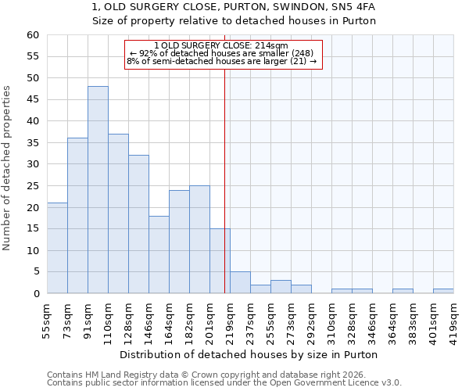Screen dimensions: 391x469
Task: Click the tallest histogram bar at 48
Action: (x=98, y=190)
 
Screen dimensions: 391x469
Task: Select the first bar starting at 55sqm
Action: (x=57, y=248)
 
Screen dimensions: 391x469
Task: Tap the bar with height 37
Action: (x=118, y=213)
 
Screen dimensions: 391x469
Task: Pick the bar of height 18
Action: (x=159, y=254)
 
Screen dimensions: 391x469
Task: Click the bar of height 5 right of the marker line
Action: (x=240, y=282)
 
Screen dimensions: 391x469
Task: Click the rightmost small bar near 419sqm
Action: (x=443, y=291)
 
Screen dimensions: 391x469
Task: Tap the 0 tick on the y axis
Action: (x=36, y=294)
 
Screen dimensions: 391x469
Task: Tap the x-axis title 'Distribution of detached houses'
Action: (x=250, y=354)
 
